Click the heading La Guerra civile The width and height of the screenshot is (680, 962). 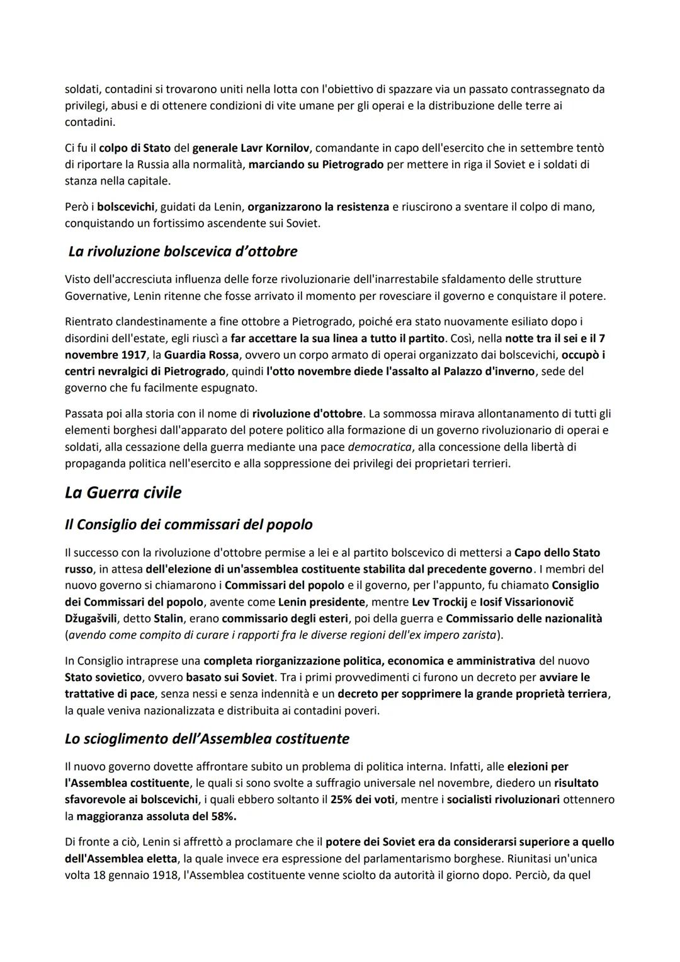pyautogui.click(x=123, y=493)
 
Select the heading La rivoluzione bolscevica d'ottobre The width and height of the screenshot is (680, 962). pyautogui.click(x=183, y=251)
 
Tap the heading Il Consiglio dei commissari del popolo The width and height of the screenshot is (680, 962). pyautogui.click(x=188, y=524)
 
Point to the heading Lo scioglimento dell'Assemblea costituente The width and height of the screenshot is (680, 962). pyautogui.click(x=207, y=738)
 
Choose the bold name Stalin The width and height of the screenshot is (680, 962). pyautogui.click(x=169, y=618)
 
